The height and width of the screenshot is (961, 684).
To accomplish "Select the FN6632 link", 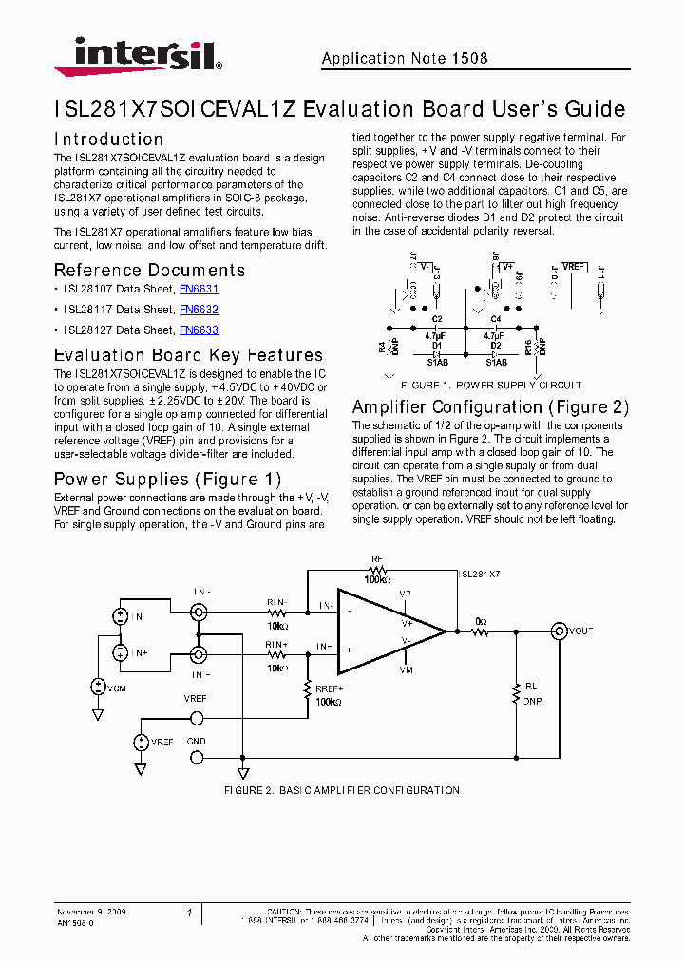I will coord(199,310).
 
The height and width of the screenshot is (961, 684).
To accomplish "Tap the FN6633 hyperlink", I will coord(199,330).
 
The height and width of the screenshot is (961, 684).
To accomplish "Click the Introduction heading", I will coord(108,139).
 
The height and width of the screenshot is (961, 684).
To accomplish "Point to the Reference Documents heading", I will coord(149,271).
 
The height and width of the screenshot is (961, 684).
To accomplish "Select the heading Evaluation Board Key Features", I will coord(188,355).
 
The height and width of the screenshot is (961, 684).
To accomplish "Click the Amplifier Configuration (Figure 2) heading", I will coord(490,407).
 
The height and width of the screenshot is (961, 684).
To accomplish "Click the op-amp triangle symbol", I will coord(385,631).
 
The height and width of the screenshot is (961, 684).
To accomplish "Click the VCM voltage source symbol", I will coord(99,686).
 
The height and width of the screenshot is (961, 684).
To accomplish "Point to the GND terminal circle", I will coord(197,757).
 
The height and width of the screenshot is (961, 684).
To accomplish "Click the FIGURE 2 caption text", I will coord(341,790).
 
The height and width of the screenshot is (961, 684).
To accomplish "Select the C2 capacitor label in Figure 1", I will coord(437,319).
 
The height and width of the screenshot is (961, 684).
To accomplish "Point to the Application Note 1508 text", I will coord(405,59).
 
